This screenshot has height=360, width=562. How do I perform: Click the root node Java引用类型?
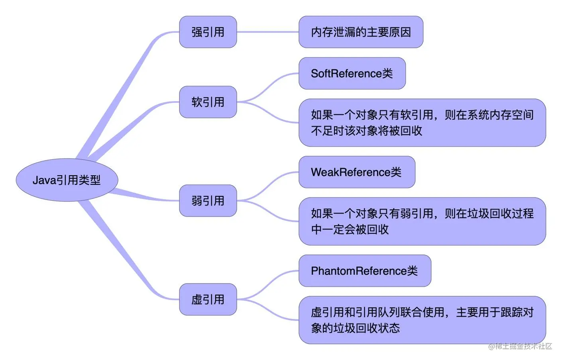point(67,180)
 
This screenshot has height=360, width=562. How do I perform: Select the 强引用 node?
point(208,32)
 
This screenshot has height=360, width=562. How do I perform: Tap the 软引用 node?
point(208,102)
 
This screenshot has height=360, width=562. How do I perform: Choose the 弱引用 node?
point(208,201)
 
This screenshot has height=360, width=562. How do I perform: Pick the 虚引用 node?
point(208,299)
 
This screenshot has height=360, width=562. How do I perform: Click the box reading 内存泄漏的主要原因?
point(361,32)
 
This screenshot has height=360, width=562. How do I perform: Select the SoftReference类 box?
point(352,73)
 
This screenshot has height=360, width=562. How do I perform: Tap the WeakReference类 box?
point(357,172)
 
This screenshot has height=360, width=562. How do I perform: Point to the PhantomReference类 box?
point(365,271)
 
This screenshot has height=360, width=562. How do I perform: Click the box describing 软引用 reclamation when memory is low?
point(422,123)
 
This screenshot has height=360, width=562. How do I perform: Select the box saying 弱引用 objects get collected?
point(422,221)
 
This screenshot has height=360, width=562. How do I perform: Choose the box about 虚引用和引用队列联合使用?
point(422,320)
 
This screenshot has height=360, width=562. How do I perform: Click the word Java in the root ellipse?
point(44,180)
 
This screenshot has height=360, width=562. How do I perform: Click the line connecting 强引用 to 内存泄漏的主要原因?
point(268,32)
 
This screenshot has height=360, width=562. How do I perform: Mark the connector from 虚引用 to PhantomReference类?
point(268,284)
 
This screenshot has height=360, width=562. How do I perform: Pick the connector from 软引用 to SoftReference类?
point(268,86)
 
